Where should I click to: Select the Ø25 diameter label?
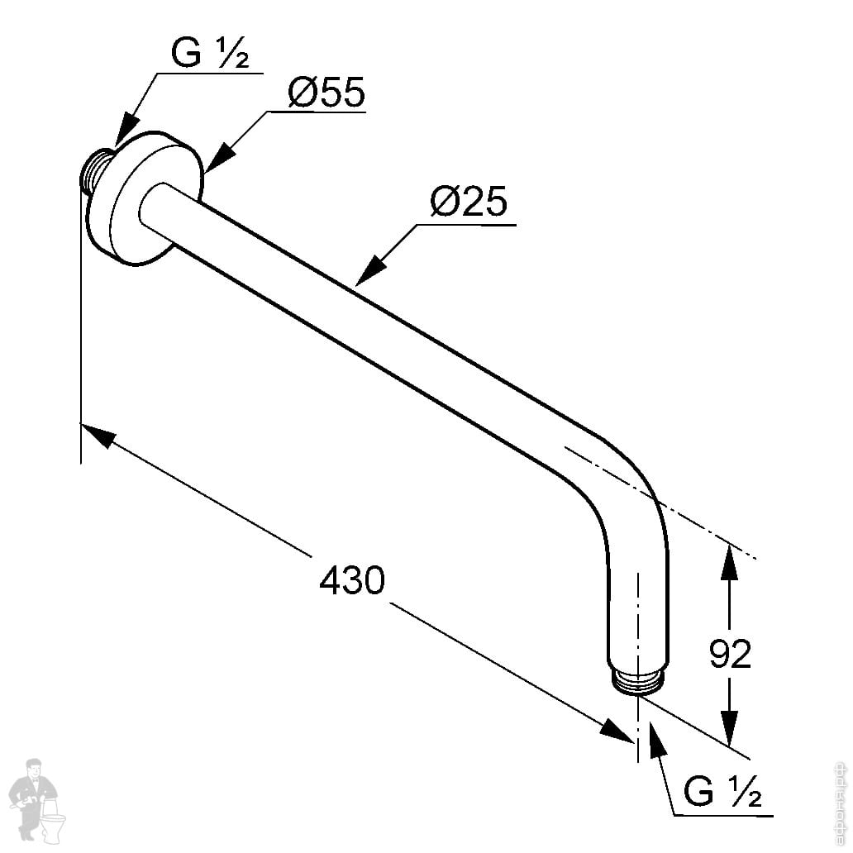[468, 203]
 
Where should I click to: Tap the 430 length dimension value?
[352, 581]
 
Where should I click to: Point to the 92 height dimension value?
[731, 654]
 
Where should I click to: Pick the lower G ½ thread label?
[722, 793]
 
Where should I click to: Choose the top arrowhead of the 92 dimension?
[728, 563]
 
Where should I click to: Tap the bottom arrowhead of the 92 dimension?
[728, 727]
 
